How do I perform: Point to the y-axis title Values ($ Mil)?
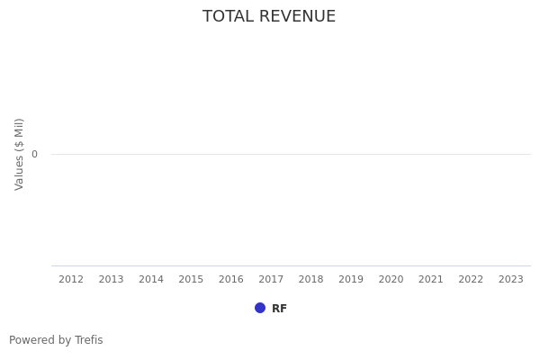click(20, 154)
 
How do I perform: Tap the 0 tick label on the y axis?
click(34, 155)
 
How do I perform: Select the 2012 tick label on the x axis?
click(71, 280)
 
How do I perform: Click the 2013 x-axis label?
click(111, 280)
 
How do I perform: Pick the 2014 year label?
click(151, 280)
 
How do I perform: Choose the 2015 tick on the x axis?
click(191, 280)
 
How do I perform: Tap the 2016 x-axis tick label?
click(231, 280)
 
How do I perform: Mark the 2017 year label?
click(271, 280)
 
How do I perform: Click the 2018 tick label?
click(310, 280)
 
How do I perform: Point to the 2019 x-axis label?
click(351, 280)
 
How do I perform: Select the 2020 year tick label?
click(391, 280)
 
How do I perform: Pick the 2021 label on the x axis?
click(431, 280)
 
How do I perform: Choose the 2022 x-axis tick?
click(471, 280)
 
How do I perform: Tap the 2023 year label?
click(510, 280)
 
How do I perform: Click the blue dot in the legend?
click(260, 308)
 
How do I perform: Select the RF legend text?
click(279, 309)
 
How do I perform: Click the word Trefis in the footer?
click(88, 340)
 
